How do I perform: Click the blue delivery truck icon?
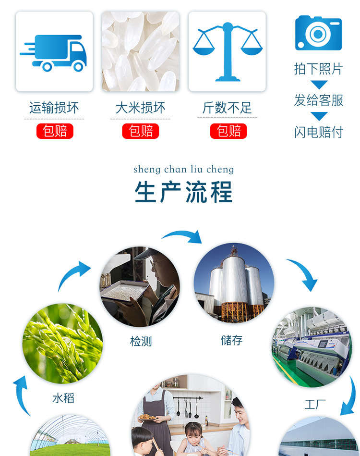coord(54,51)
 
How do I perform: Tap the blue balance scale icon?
coord(228,51)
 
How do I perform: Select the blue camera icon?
coord(318,33)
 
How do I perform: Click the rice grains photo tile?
coord(141,51)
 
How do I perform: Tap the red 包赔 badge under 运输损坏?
coord(55,131)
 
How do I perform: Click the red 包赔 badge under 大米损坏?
coord(141,131)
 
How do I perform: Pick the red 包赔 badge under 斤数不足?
coord(228,131)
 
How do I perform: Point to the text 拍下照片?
coord(318,69)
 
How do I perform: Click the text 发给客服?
coord(318,100)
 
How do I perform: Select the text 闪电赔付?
coord(318,132)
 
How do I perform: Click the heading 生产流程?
coord(184,192)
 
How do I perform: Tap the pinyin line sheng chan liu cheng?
coord(184,169)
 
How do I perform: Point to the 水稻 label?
coord(63,398)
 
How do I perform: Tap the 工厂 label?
coord(315,405)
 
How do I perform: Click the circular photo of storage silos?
coord(234,283)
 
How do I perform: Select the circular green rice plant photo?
coord(63,344)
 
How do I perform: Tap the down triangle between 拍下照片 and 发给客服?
coord(318,85)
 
